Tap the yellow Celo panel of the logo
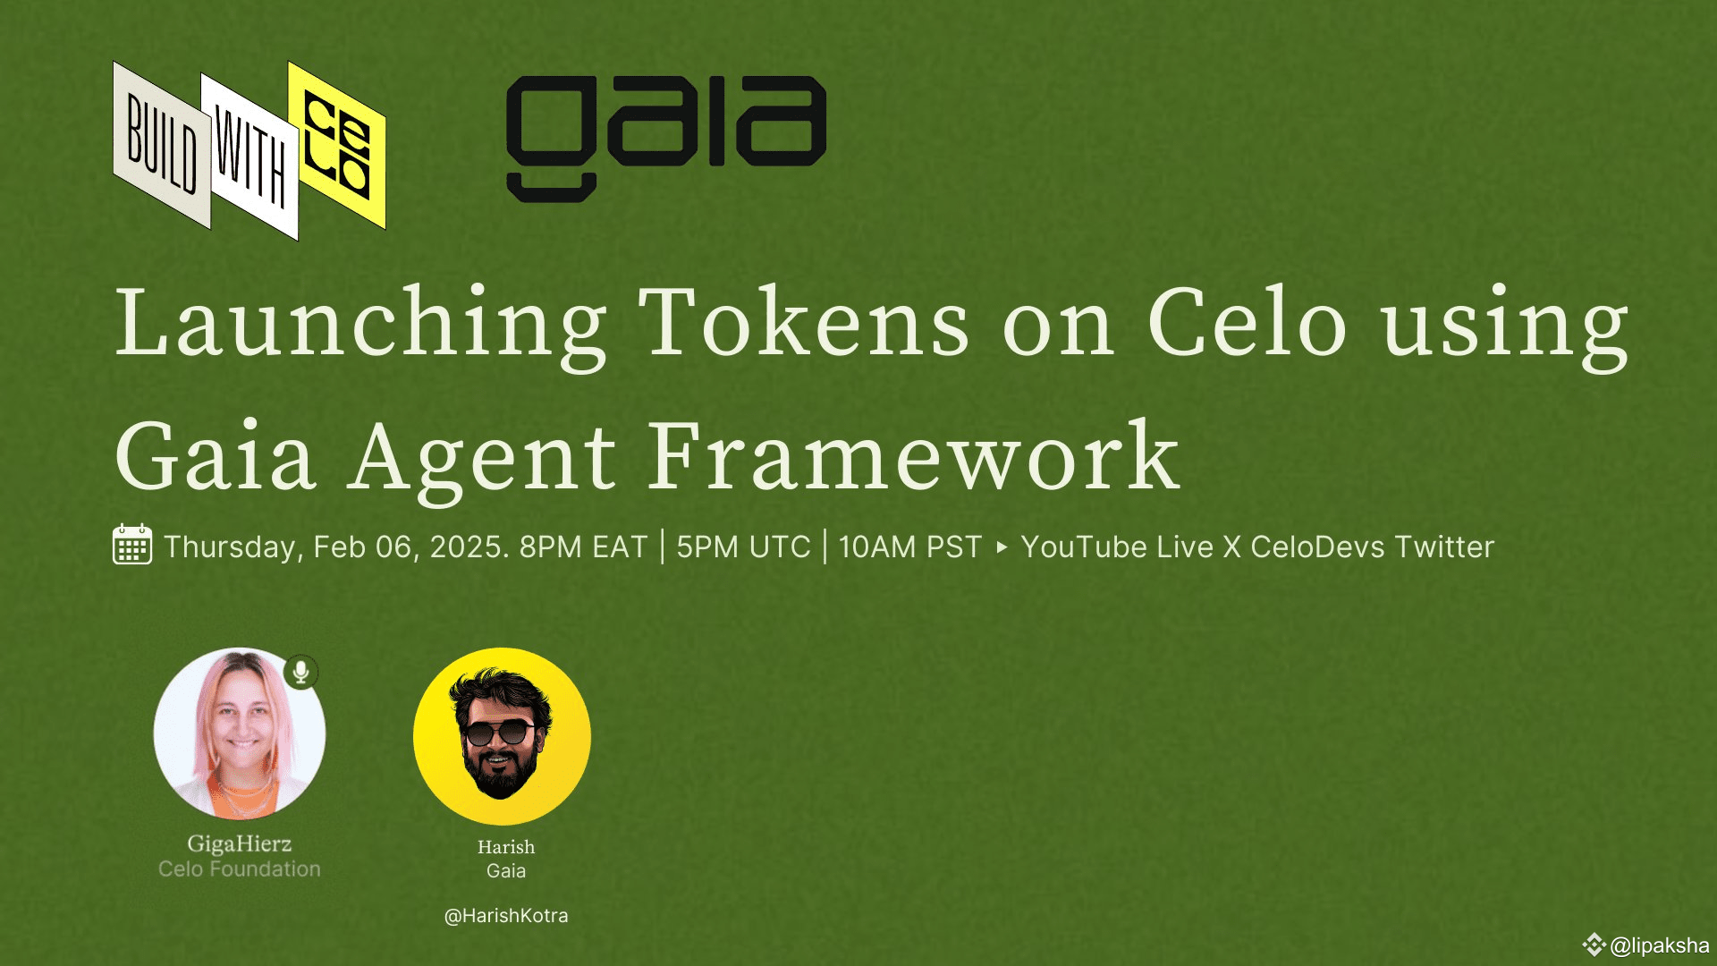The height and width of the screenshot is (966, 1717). (337, 145)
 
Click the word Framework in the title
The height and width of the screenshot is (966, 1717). (912, 457)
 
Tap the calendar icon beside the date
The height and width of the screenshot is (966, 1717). (132, 545)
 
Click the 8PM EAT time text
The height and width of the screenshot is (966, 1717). (583, 547)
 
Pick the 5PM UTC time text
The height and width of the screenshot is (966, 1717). (743, 547)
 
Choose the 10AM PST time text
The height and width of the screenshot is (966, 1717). (910, 547)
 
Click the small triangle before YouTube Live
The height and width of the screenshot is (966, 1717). (1002, 547)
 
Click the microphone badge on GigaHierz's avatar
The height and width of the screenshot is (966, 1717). (301, 672)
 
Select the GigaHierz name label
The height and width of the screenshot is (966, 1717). (239, 843)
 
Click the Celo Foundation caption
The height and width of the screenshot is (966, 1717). (239, 869)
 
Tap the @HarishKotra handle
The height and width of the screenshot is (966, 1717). (506, 915)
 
